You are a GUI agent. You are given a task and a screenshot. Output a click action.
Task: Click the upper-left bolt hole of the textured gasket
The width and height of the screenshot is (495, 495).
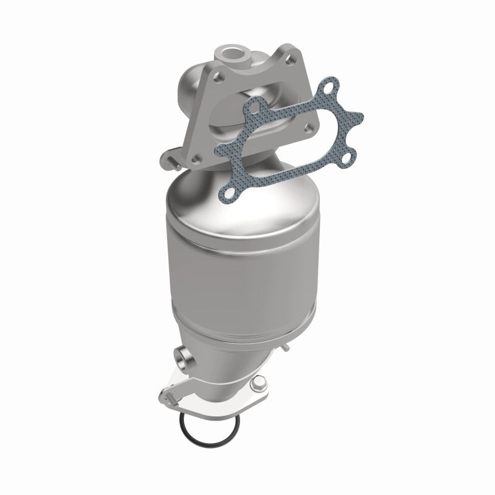pyautogui.click(x=250, y=111)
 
